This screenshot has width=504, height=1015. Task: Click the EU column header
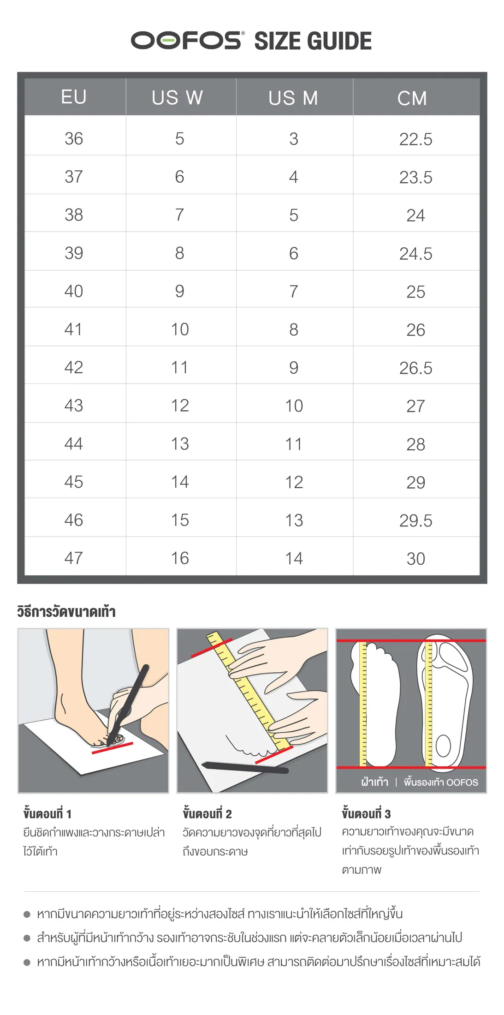(x=74, y=97)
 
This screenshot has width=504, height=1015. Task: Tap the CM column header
(x=412, y=98)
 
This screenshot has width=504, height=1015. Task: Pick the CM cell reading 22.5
(x=416, y=139)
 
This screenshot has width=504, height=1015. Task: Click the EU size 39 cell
(x=74, y=253)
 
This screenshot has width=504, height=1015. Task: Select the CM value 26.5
(x=416, y=368)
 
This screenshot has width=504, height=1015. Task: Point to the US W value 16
(x=180, y=558)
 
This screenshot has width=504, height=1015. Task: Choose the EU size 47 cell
(x=74, y=558)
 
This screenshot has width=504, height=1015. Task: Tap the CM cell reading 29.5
(x=416, y=521)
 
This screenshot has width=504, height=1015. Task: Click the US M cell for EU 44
(x=294, y=444)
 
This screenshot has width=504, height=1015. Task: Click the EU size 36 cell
(x=74, y=138)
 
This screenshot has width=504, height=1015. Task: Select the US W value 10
(x=180, y=329)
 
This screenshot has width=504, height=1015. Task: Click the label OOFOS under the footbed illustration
(x=462, y=782)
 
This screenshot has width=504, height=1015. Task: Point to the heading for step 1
(x=47, y=813)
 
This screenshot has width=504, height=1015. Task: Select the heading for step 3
(x=366, y=813)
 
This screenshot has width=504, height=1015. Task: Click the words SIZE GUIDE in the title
(x=313, y=41)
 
